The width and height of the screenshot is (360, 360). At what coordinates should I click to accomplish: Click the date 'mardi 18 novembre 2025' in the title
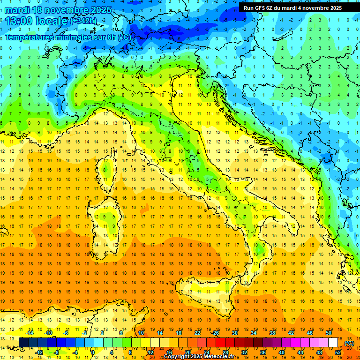pos(59,10)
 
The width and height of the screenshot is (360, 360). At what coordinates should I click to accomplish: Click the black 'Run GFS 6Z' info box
pos(292,7)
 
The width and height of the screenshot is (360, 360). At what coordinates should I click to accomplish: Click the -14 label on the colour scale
pos(30,333)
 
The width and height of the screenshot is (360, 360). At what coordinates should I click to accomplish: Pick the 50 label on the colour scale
pos(329,333)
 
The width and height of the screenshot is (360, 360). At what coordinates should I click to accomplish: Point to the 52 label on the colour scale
pos(338,352)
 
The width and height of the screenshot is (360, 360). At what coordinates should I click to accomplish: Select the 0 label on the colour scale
pos(92,352)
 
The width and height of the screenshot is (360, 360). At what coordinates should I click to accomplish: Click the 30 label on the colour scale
pos(235,333)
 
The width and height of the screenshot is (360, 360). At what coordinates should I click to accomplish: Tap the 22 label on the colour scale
pos(197,333)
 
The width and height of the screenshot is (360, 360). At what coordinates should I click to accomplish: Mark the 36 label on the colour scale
pos(262,352)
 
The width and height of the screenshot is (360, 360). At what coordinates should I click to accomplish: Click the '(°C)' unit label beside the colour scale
pos(349,343)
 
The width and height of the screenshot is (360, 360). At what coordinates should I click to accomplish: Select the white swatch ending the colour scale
pos(333,342)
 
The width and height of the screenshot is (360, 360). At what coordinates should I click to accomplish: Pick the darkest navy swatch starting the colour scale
pos(23,342)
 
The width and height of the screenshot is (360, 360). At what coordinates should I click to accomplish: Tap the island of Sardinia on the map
pos(101,220)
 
